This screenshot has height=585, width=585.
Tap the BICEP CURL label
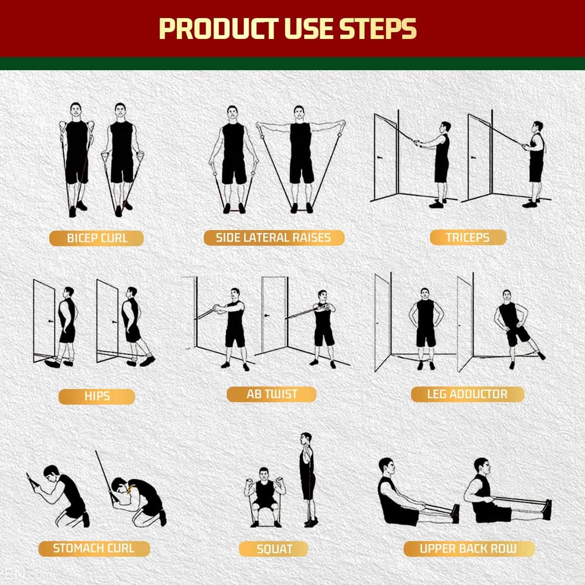(x=97, y=238)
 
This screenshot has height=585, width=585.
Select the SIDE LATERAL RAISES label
(x=273, y=237)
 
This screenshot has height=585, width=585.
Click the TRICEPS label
(x=468, y=237)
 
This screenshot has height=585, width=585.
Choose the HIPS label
(x=97, y=396)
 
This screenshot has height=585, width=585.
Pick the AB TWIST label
(x=272, y=394)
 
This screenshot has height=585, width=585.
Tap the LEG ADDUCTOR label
(x=467, y=394)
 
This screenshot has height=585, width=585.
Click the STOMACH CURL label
(x=93, y=548)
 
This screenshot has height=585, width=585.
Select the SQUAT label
(x=274, y=549)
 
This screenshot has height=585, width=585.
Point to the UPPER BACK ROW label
(x=468, y=548)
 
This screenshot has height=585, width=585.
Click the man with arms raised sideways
(x=300, y=156)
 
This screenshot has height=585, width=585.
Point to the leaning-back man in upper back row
(x=395, y=492)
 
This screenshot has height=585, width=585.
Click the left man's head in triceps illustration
(x=444, y=127)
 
